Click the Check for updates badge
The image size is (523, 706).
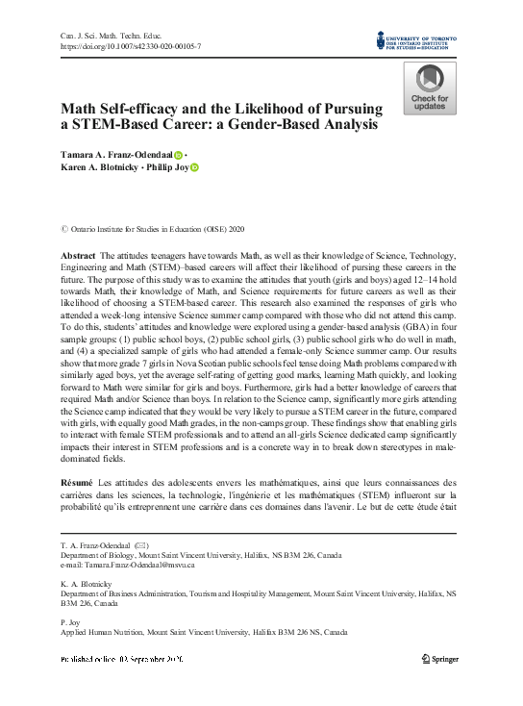tap(429, 88)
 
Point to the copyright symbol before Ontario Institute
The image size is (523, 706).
tap(64, 229)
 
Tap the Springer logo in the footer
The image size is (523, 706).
tap(443, 659)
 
